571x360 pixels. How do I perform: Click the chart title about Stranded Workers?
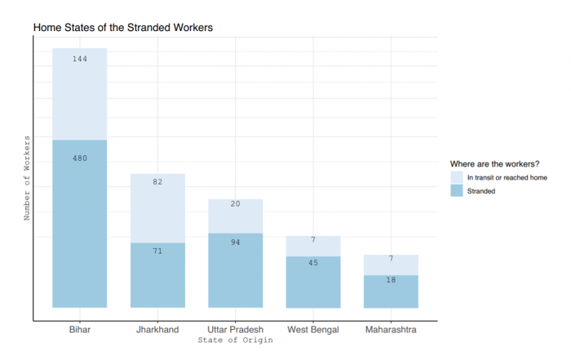122,28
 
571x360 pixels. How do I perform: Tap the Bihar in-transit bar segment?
80,94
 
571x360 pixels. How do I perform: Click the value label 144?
80,59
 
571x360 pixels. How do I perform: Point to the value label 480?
80,158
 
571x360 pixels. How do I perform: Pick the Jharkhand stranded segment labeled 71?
157,275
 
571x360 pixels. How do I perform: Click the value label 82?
157,182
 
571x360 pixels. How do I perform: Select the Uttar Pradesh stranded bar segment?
235,270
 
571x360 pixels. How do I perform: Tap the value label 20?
235,204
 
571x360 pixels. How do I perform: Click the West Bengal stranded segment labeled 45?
313,282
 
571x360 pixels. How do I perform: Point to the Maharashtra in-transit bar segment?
391,264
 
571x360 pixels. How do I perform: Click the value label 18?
391,280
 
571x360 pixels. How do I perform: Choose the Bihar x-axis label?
80,329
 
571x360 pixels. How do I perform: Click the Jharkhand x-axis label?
157,329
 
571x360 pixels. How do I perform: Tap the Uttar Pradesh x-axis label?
235,329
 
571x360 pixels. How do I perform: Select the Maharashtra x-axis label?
391,329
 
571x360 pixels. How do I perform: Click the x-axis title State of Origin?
236,340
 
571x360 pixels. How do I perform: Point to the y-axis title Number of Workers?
26,179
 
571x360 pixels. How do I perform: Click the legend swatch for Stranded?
457,190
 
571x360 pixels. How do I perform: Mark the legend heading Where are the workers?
496,162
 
